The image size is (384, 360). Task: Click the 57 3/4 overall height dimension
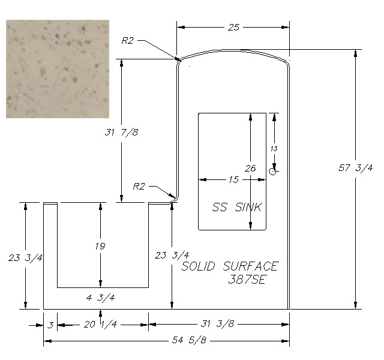pyautogui.click(x=356, y=168)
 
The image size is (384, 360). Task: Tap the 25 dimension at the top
pyautogui.click(x=233, y=27)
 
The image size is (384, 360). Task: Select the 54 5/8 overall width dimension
pyautogui.click(x=189, y=340)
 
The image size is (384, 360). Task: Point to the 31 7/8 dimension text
pyautogui.click(x=121, y=133)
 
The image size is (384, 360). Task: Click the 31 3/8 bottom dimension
pyautogui.click(x=217, y=324)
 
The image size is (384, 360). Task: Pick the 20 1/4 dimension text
pyautogui.click(x=100, y=325)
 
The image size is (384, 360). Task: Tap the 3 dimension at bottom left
pyautogui.click(x=50, y=325)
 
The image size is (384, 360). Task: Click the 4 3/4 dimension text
pyautogui.click(x=100, y=298)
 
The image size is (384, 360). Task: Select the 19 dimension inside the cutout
pyautogui.click(x=100, y=246)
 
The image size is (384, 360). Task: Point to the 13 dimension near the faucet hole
pyautogui.click(x=274, y=149)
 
